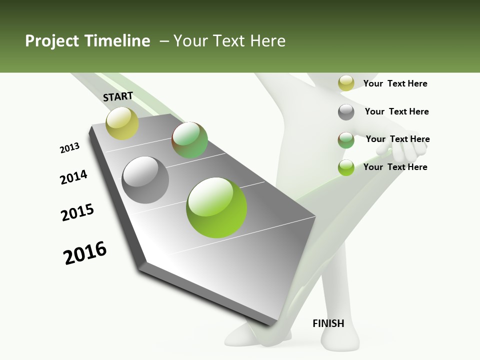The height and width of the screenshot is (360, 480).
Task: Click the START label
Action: pos(118,96)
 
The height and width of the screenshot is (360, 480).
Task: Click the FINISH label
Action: pos(328,323)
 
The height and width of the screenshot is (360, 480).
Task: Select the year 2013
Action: pos(69,148)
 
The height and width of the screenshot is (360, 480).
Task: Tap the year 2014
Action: pos(73,177)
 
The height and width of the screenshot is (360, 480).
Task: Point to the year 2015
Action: pos(77,212)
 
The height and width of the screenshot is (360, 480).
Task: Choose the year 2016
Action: pos(85,253)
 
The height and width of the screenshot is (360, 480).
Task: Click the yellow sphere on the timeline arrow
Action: pos(122,123)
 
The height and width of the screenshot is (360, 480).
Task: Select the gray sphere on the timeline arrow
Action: pos(145,180)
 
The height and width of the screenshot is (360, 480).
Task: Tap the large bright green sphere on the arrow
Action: pos(216,207)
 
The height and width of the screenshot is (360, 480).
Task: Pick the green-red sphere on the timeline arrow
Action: pos(189,140)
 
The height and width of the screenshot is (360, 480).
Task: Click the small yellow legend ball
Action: pos(346,83)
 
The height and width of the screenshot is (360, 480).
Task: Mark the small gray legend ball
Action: pos(346,112)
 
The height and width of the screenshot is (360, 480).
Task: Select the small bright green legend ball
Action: pos(346,167)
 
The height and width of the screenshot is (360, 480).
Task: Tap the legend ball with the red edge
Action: pos(346,140)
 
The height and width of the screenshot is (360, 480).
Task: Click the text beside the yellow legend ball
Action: pos(395,83)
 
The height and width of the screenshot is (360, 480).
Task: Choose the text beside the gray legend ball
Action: pos(396,111)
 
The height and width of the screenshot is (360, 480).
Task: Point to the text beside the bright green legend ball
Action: pos(395,167)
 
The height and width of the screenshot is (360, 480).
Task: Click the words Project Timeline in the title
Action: pos(87,41)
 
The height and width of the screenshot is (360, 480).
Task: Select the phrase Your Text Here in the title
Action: pos(229,41)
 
